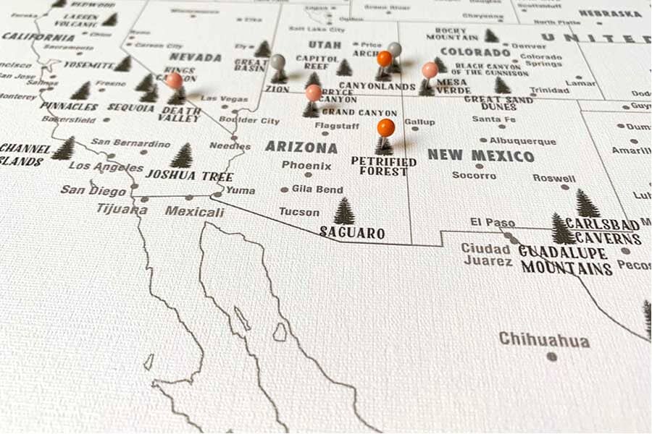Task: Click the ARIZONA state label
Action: pos(301,147)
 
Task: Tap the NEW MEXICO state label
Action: pos(480,156)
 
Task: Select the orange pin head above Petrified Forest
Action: pos(386,127)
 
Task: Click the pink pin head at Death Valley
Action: pos(174,80)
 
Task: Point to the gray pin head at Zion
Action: pos(277,61)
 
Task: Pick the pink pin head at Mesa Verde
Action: pos(430,69)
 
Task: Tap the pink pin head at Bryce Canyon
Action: pos(313,92)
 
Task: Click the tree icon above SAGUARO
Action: pos(344,211)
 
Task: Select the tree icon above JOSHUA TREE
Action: pos(181,155)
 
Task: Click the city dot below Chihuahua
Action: pos(551,356)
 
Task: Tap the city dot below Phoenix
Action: pos(308,174)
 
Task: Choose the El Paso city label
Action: pos(493,222)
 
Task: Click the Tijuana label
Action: pos(122,209)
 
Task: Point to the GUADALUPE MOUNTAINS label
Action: pos(565,260)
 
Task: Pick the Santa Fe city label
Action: pos(493,119)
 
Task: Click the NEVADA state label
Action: pos(196,57)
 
